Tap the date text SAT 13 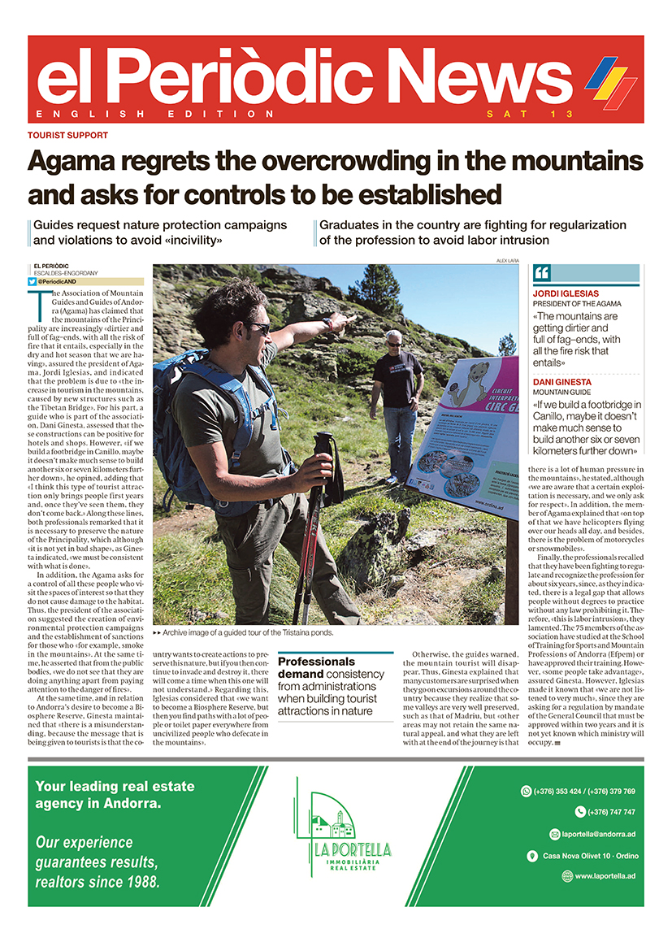pos(530,114)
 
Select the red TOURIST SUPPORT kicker pos(67,136)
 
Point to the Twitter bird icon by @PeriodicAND pos(32,281)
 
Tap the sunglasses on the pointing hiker pos(258,328)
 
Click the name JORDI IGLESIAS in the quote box pos(566,293)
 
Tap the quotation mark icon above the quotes pos(542,273)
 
